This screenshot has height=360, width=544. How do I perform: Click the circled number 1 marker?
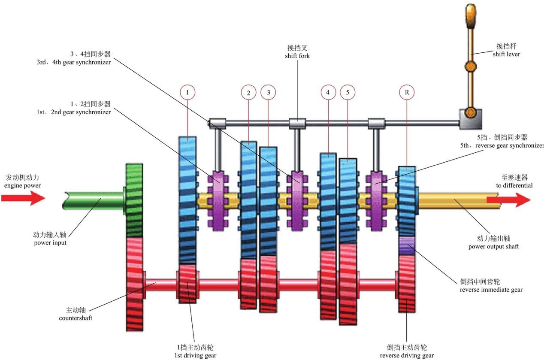(187, 92)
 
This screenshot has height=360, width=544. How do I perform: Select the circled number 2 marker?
(248, 92)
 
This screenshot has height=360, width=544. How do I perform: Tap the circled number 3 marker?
(268, 92)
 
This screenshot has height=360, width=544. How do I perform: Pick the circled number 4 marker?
(328, 92)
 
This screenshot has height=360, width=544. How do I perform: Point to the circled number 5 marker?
(347, 92)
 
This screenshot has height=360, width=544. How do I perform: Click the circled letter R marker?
(407, 92)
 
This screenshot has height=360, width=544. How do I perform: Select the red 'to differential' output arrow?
(515, 200)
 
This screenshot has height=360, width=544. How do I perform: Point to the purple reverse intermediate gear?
(407, 245)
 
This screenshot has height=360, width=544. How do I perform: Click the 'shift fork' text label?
(298, 52)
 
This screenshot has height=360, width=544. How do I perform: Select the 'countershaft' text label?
(76, 315)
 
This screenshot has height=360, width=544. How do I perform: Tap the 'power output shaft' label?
(493, 242)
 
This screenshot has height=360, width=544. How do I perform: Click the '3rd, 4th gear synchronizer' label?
(74, 58)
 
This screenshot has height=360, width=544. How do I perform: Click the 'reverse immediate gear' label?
(491, 286)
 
